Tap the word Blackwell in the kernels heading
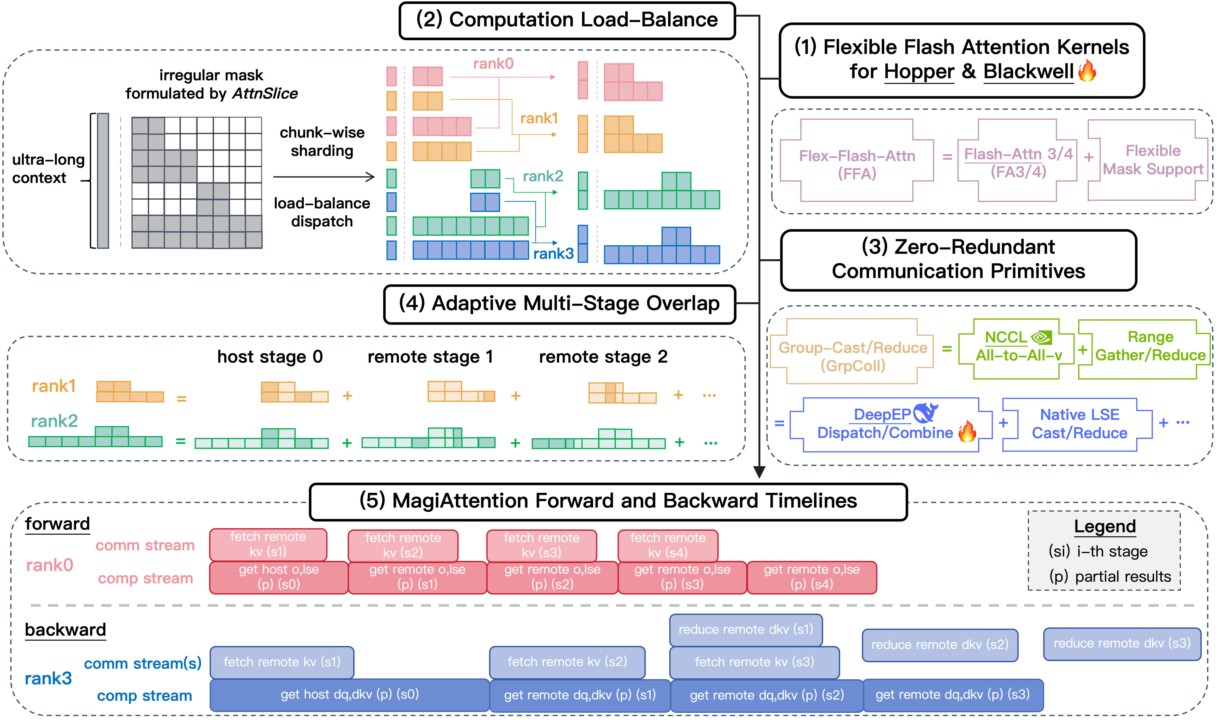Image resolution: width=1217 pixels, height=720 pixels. (x=1028, y=72)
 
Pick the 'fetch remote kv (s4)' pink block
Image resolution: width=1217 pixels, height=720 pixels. (x=668, y=545)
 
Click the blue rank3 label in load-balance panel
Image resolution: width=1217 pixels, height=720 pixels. (x=553, y=253)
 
